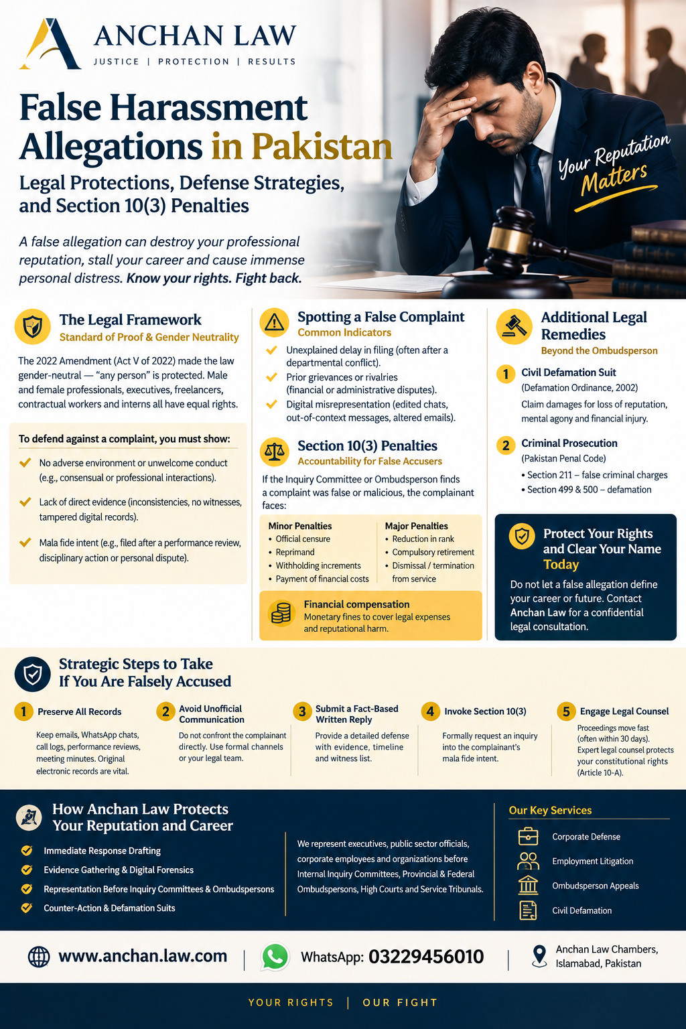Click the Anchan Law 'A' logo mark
[x=50, y=44]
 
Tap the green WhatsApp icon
[x=275, y=957]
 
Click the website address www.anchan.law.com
[x=143, y=956]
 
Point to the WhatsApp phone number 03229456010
[x=426, y=957]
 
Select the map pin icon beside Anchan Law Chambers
[x=539, y=957]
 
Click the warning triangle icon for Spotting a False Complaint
[x=274, y=322]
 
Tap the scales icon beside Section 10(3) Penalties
[x=274, y=452]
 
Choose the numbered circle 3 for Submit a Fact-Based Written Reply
[x=302, y=711]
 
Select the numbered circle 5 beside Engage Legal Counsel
[x=566, y=711]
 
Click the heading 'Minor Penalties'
[x=300, y=526]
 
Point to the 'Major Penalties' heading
[x=416, y=526]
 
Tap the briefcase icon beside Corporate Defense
[x=528, y=837]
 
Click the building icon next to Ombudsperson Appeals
[x=528, y=885]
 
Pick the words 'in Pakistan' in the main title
[x=302, y=147]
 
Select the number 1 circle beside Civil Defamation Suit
[x=505, y=374]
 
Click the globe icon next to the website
[x=39, y=957]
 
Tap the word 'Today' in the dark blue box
[x=561, y=564]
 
